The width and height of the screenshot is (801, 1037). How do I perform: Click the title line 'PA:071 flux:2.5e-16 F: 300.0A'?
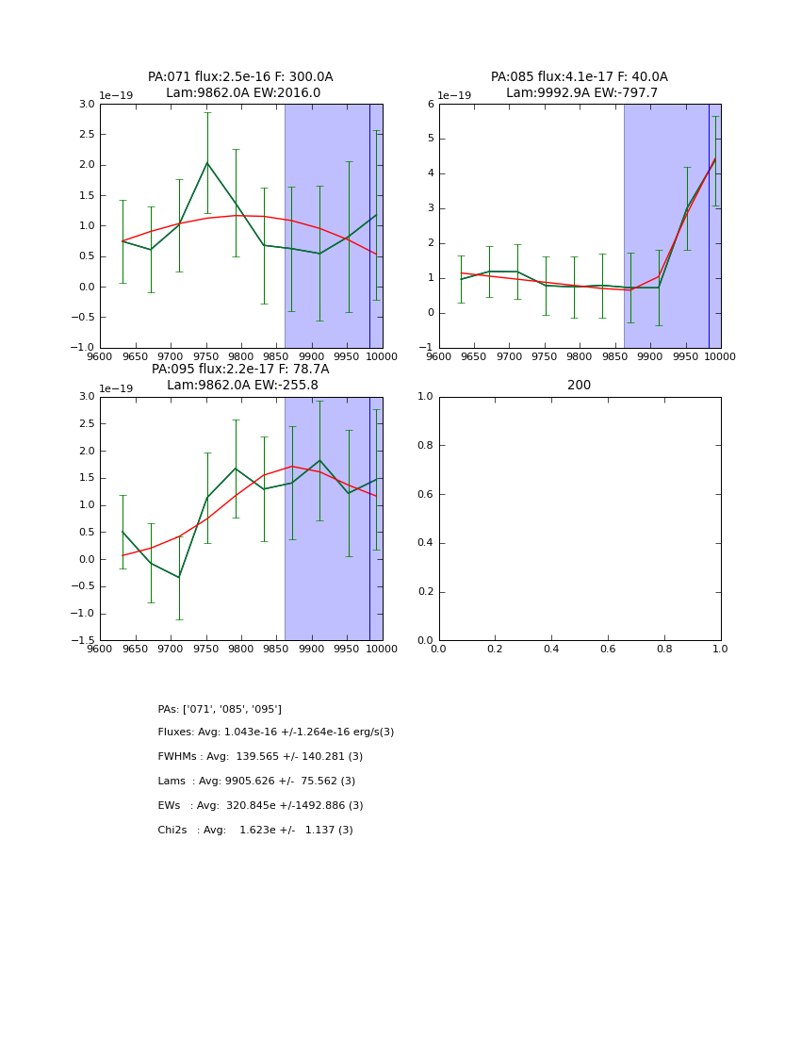click(x=240, y=77)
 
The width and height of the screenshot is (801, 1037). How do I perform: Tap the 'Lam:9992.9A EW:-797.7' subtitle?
click(x=581, y=93)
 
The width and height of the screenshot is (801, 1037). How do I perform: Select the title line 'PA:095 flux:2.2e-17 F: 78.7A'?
click(x=240, y=370)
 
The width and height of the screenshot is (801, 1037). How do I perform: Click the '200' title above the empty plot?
click(x=580, y=386)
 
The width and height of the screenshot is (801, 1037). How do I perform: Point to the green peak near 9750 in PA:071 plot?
click(x=207, y=162)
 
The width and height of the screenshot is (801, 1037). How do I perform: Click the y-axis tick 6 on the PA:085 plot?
click(x=430, y=105)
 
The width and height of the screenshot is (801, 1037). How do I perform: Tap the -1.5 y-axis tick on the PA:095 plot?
click(x=84, y=641)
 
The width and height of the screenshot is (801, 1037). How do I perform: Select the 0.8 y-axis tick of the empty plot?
click(x=425, y=446)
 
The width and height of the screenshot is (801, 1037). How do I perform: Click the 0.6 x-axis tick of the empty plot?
click(x=608, y=649)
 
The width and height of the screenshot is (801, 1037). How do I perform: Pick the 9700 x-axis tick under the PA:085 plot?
click(x=509, y=356)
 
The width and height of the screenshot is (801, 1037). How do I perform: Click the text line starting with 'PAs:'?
click(x=220, y=709)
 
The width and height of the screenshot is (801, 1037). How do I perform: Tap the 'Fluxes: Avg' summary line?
click(x=275, y=732)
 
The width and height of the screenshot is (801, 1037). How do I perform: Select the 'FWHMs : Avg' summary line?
click(x=260, y=757)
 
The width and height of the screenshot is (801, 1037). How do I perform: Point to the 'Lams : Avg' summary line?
click(x=256, y=782)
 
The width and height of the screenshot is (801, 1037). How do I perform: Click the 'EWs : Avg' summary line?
click(x=260, y=806)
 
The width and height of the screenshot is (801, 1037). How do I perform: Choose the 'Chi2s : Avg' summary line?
click(x=255, y=831)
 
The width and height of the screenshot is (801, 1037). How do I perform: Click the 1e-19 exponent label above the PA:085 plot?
click(x=454, y=95)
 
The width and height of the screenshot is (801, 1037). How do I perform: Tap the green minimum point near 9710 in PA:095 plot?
click(x=179, y=577)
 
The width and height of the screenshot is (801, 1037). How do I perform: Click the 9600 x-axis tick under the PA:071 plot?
click(x=100, y=356)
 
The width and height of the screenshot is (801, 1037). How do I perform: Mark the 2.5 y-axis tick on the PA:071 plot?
click(x=86, y=135)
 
